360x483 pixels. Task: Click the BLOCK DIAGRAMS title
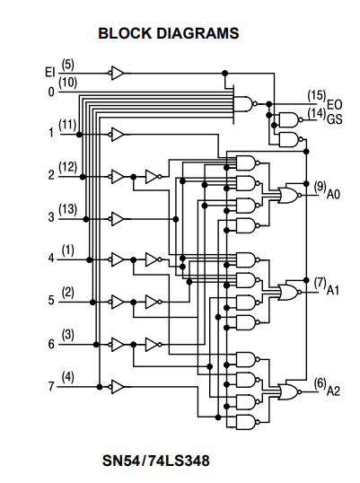point(169,33)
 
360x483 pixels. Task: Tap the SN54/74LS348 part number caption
point(156,461)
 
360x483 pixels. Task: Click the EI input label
point(50,73)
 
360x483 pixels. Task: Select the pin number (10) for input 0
point(67,83)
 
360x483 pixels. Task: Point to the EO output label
point(334,105)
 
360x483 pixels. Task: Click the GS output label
point(335,119)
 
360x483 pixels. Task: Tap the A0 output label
point(333,195)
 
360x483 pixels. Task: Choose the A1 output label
point(332,290)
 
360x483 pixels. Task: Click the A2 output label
point(333,391)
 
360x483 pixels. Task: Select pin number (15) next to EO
point(317,96)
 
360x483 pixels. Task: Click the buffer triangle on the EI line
point(118,74)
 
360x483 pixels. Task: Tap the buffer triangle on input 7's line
point(118,387)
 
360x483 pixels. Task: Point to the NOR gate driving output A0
point(289,196)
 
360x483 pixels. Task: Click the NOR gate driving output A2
point(289,391)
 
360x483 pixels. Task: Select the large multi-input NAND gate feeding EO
point(245,104)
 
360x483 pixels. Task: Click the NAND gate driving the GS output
point(290,119)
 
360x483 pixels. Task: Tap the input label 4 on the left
point(51,259)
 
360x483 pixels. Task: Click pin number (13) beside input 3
point(67,209)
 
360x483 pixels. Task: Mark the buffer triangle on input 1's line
point(118,135)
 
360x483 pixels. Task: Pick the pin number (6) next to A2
point(320,383)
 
